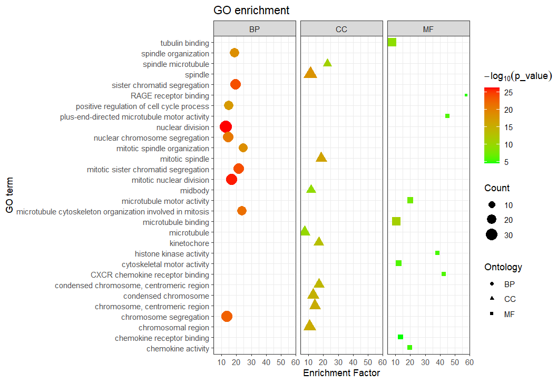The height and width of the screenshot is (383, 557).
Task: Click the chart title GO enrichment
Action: point(251,11)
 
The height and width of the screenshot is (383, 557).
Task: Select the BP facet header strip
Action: point(255,29)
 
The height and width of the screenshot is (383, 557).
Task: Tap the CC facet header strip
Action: point(341,29)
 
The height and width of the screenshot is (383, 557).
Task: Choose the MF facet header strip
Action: point(428,29)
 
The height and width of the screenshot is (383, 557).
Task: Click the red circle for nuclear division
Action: point(226,127)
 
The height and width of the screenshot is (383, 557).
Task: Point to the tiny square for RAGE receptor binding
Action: point(466,95)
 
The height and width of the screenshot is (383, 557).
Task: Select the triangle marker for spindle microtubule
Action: point(327,63)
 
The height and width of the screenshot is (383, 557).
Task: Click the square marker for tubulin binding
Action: point(392,42)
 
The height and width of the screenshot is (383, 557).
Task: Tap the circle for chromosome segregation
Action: point(227,317)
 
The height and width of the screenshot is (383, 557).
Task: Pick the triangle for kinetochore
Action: point(318,242)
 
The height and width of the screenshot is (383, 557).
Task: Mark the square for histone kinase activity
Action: point(437,253)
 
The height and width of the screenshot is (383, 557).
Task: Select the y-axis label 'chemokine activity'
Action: point(178,349)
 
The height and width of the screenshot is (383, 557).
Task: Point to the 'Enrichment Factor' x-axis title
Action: point(341,374)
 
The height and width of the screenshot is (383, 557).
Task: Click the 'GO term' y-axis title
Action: point(9,195)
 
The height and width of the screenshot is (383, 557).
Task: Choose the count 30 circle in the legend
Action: point(492,235)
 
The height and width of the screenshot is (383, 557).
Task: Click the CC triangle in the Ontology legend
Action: point(492,299)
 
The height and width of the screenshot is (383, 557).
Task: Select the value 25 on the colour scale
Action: point(508,93)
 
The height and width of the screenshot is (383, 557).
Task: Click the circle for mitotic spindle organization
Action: point(243,148)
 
